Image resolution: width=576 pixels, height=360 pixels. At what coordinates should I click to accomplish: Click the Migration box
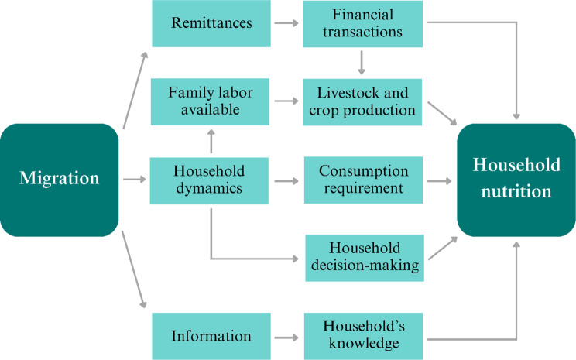(60, 180)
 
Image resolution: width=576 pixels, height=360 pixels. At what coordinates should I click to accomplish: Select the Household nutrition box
(516, 180)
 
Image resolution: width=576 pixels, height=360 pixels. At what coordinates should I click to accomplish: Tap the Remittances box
(211, 23)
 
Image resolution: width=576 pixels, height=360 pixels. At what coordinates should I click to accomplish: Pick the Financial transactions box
(363, 23)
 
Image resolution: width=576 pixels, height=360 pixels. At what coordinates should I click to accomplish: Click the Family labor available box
(211, 101)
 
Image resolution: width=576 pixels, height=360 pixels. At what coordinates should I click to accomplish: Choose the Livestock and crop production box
(363, 101)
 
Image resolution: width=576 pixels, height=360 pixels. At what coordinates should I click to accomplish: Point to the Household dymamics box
(211, 180)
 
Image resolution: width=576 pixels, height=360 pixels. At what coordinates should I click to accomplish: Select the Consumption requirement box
(363, 180)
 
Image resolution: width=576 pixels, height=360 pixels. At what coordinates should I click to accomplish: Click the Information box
(211, 336)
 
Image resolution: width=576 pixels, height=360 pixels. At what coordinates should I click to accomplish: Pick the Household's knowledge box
(363, 336)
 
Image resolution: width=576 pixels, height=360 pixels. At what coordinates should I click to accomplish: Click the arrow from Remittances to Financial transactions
(287, 23)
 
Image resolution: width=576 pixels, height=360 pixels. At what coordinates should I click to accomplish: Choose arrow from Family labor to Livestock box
(287, 101)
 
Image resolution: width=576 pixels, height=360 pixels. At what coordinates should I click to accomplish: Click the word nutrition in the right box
(516, 191)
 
